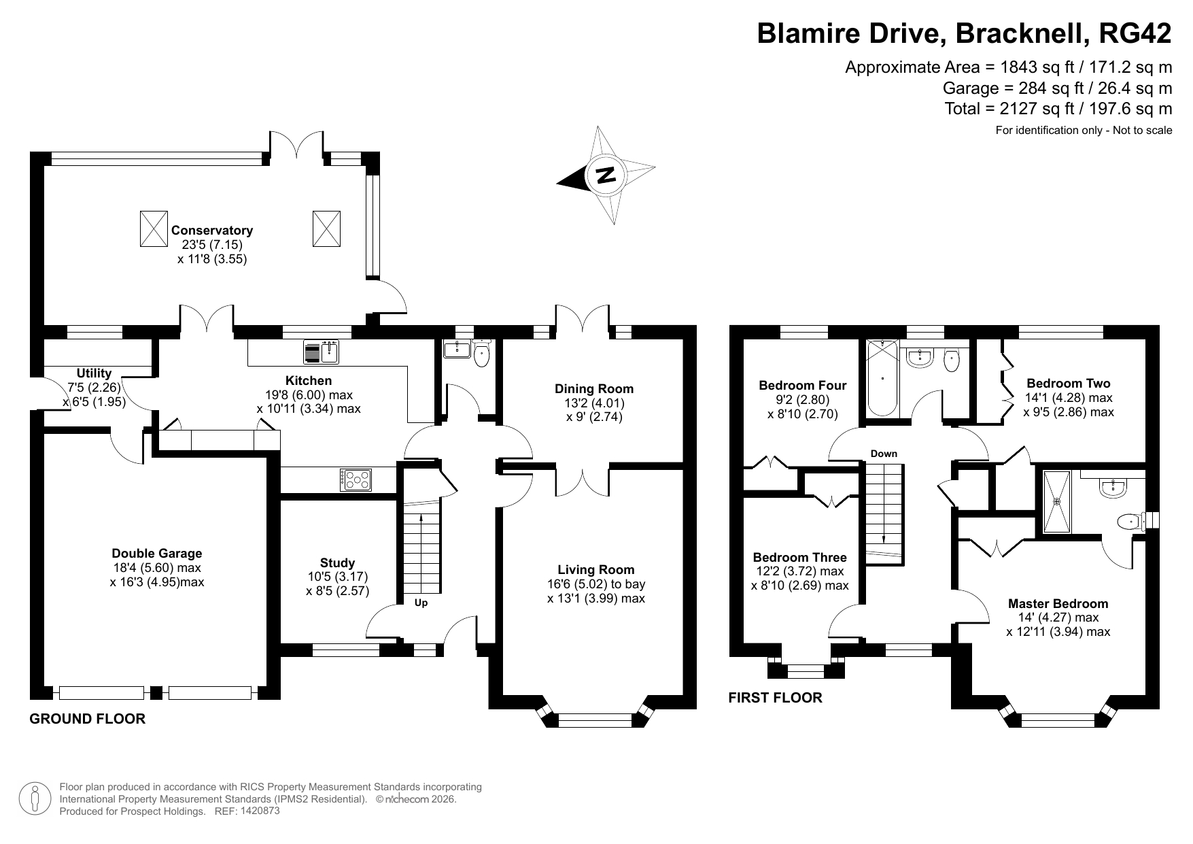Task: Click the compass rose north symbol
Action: [x=606, y=175]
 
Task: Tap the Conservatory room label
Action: [x=211, y=231]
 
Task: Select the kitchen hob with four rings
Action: [x=356, y=479]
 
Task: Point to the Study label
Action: [x=338, y=562]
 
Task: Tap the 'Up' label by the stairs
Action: [x=421, y=603]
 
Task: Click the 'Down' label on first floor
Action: [x=884, y=454]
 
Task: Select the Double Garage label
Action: [x=157, y=554]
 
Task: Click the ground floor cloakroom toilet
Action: [x=482, y=354]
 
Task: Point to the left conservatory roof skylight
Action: [x=153, y=229]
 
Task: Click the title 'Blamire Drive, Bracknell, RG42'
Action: [x=965, y=33]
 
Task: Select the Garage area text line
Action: [x=1057, y=88]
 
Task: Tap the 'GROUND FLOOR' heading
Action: [x=88, y=719]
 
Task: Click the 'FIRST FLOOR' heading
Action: [x=775, y=698]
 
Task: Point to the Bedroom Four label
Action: [x=803, y=386]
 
